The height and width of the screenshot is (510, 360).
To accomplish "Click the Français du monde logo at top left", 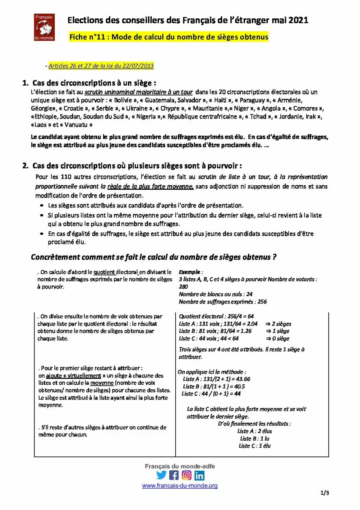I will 44,27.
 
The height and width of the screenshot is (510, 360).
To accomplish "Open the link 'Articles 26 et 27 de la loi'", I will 101,66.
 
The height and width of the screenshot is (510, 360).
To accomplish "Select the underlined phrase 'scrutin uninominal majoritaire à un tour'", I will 138,92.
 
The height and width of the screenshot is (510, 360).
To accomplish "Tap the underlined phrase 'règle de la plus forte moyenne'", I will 150,186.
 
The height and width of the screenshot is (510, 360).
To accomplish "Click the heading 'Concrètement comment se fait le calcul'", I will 154,257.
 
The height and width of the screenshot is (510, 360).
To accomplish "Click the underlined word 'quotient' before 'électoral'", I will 104,272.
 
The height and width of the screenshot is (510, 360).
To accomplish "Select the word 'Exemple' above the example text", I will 190,272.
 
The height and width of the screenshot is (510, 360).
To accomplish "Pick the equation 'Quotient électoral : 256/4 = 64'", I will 216,316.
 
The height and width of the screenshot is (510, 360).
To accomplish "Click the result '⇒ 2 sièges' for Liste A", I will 278,324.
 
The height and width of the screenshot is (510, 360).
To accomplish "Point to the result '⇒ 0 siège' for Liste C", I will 278,339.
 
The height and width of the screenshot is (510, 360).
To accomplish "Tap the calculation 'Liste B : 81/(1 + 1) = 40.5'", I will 214,386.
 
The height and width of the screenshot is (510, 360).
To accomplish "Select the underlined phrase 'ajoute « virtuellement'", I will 73,376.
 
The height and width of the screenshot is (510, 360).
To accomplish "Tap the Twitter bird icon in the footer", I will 161,475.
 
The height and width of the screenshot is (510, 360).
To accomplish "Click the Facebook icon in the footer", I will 174,475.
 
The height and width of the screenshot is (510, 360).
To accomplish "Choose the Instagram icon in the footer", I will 187,475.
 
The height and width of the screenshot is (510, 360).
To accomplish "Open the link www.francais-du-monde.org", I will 180,486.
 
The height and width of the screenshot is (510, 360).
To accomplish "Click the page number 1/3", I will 325,493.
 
